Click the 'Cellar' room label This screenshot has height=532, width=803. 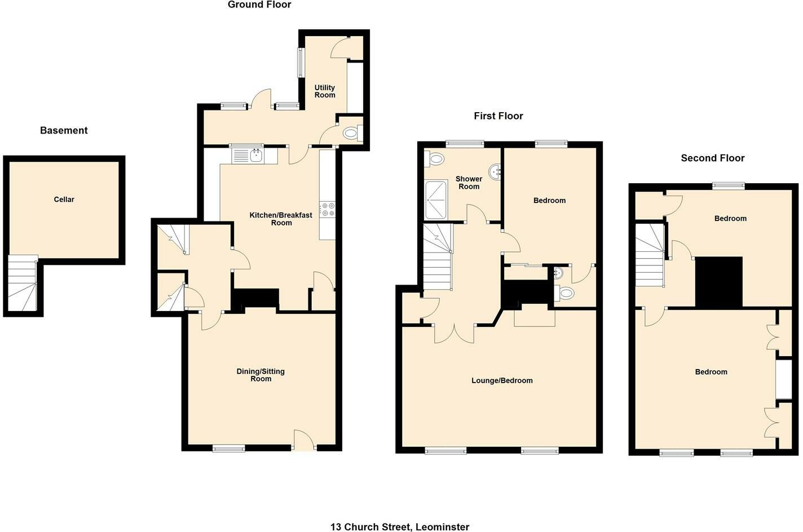coord(64,200)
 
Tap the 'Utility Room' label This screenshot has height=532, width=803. coord(325,91)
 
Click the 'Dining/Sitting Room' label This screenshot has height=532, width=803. coord(261,375)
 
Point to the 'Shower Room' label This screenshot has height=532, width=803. coord(469,183)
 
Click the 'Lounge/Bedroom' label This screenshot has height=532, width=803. coord(502,380)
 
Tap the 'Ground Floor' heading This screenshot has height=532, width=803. coord(259,5)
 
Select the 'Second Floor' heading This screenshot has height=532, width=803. coord(712,158)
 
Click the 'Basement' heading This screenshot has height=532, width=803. coord(64,131)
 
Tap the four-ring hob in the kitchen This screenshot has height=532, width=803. coord(327,210)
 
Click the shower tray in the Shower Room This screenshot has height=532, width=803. coord(436,200)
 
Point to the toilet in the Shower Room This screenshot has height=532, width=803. coord(435,159)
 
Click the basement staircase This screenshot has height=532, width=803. coord(23,283)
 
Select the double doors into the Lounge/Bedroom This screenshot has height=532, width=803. coord(455,334)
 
